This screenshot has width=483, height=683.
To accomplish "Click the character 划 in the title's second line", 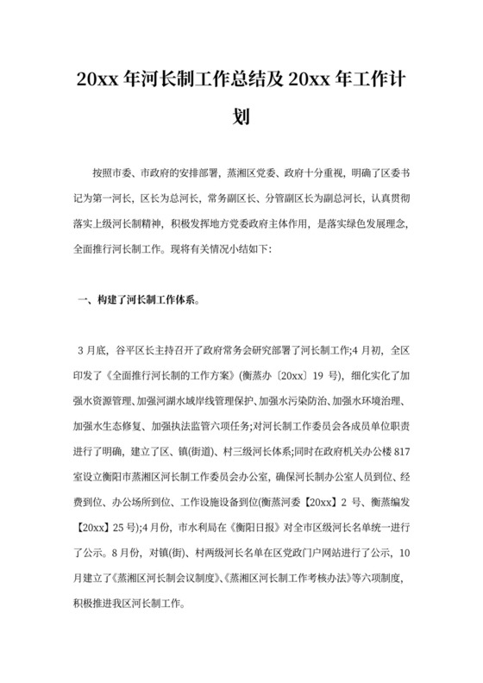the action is click(241, 116).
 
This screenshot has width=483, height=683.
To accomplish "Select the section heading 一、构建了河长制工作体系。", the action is click(141, 302).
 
